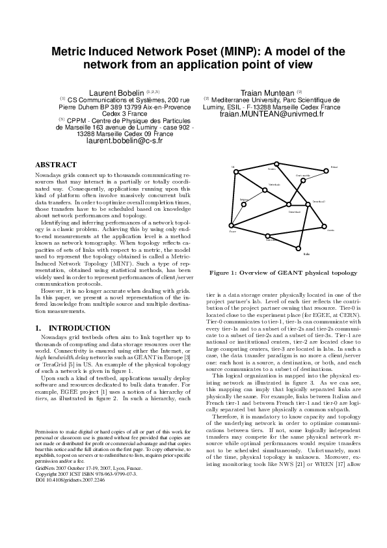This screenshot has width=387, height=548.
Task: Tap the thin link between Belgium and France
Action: tap(239, 214)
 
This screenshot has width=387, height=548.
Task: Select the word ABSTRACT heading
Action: tap(55, 165)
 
